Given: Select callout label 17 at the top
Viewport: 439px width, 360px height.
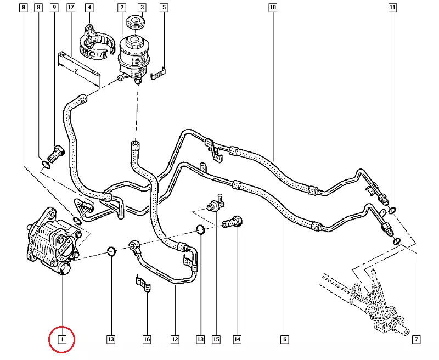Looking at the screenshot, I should click(71, 8).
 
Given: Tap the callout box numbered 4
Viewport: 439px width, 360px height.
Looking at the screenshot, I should click(89, 8).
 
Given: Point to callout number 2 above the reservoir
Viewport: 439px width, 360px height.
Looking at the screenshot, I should click(122, 8).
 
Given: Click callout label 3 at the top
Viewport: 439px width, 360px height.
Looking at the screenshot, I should click(142, 8).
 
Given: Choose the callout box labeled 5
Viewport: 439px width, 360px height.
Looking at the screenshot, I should click(164, 8).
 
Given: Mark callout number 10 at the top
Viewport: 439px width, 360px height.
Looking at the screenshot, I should click(273, 8).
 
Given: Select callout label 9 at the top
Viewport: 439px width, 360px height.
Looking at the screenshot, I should click(54, 8).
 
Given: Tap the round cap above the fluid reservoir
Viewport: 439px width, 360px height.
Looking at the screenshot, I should click(134, 23).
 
